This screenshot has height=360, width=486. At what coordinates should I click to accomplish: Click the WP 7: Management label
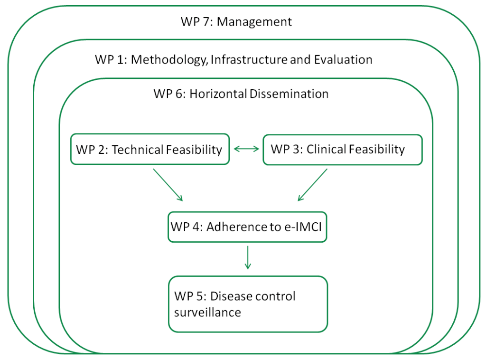[236, 22]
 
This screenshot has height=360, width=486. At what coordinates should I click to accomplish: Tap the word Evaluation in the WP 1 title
[343, 59]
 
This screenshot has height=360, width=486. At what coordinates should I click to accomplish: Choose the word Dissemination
[289, 94]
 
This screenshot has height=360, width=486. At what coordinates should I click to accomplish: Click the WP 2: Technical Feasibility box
[150, 149]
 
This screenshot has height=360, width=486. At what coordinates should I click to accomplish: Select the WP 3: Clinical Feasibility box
[343, 150]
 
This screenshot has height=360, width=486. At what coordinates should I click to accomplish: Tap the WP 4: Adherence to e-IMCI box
[247, 227]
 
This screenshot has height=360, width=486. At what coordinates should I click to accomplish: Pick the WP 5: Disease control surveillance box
[248, 304]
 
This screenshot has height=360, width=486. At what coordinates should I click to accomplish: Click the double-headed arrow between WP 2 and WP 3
[246, 149]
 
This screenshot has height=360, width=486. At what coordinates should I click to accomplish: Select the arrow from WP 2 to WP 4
[168, 185]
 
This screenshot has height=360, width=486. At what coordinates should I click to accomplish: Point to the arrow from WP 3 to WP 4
[312, 185]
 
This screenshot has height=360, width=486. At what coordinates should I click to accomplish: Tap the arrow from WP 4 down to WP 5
[248, 257]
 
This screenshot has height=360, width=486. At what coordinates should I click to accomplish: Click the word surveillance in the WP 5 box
[207, 313]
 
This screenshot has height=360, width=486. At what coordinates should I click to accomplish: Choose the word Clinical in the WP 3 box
[326, 149]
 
